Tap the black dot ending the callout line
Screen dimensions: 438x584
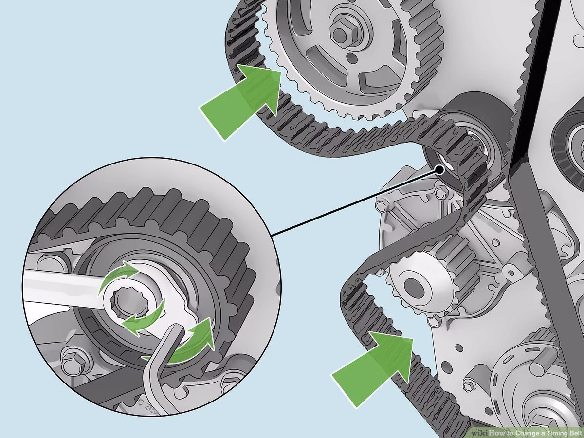(x=440, y=170)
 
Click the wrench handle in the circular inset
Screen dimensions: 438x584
(x=58, y=287)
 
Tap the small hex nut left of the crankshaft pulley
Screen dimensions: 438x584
(x=468, y=386)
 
